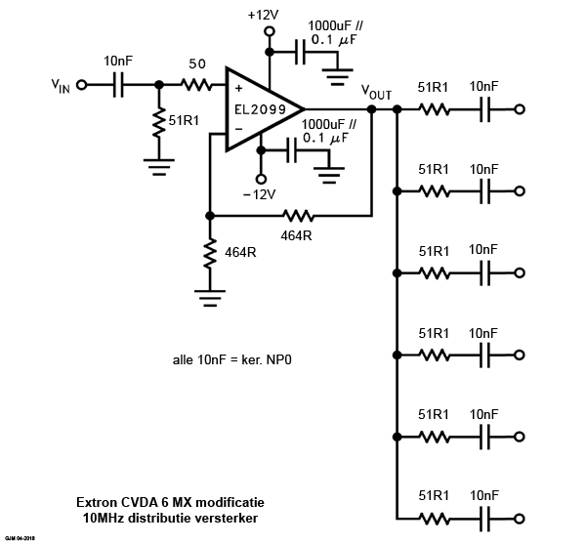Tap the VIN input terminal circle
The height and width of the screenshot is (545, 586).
pyautogui.click(x=81, y=85)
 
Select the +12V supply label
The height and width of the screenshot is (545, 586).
pyautogui.click(x=263, y=16)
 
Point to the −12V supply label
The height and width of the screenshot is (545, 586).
pyautogui.click(x=261, y=194)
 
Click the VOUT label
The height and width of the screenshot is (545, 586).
pyautogui.click(x=376, y=92)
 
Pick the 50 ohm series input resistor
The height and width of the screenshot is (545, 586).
pyautogui.click(x=197, y=85)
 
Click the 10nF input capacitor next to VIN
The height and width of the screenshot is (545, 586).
pyautogui.click(x=118, y=85)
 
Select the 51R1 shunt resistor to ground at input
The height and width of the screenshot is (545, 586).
pyautogui.click(x=157, y=122)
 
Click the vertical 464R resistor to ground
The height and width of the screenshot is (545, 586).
pyautogui.click(x=209, y=253)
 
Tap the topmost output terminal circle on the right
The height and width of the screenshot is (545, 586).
pyautogui.click(x=521, y=109)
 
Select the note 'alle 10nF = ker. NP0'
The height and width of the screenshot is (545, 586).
pyautogui.click(x=232, y=360)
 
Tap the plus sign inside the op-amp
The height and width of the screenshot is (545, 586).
pyautogui.click(x=237, y=87)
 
